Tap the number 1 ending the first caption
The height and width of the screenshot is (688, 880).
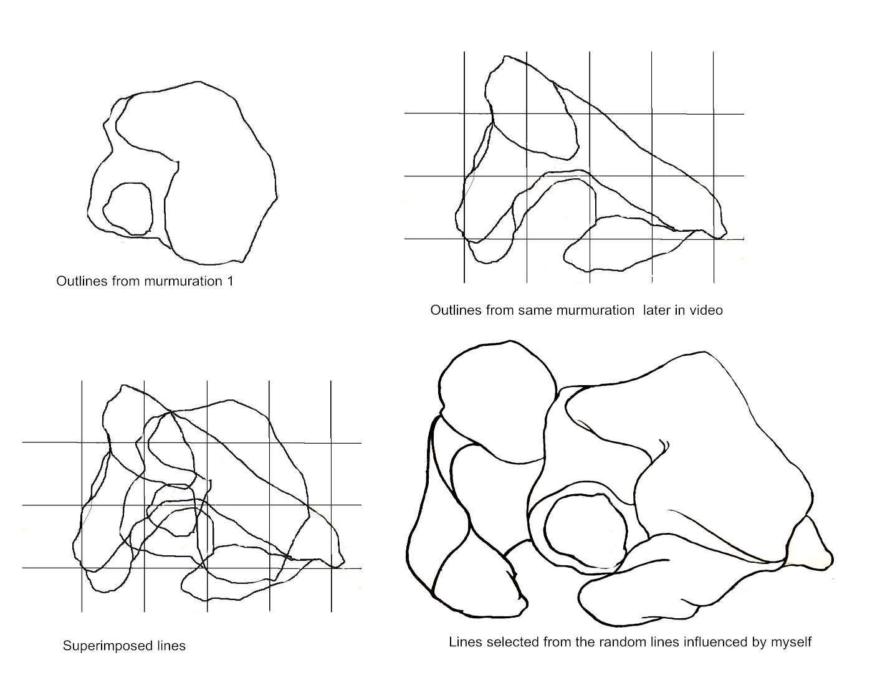click(x=231, y=281)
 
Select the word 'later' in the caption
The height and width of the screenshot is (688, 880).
click(x=656, y=310)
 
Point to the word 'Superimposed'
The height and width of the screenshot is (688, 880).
click(x=107, y=646)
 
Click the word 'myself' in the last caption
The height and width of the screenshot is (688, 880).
click(x=790, y=643)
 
